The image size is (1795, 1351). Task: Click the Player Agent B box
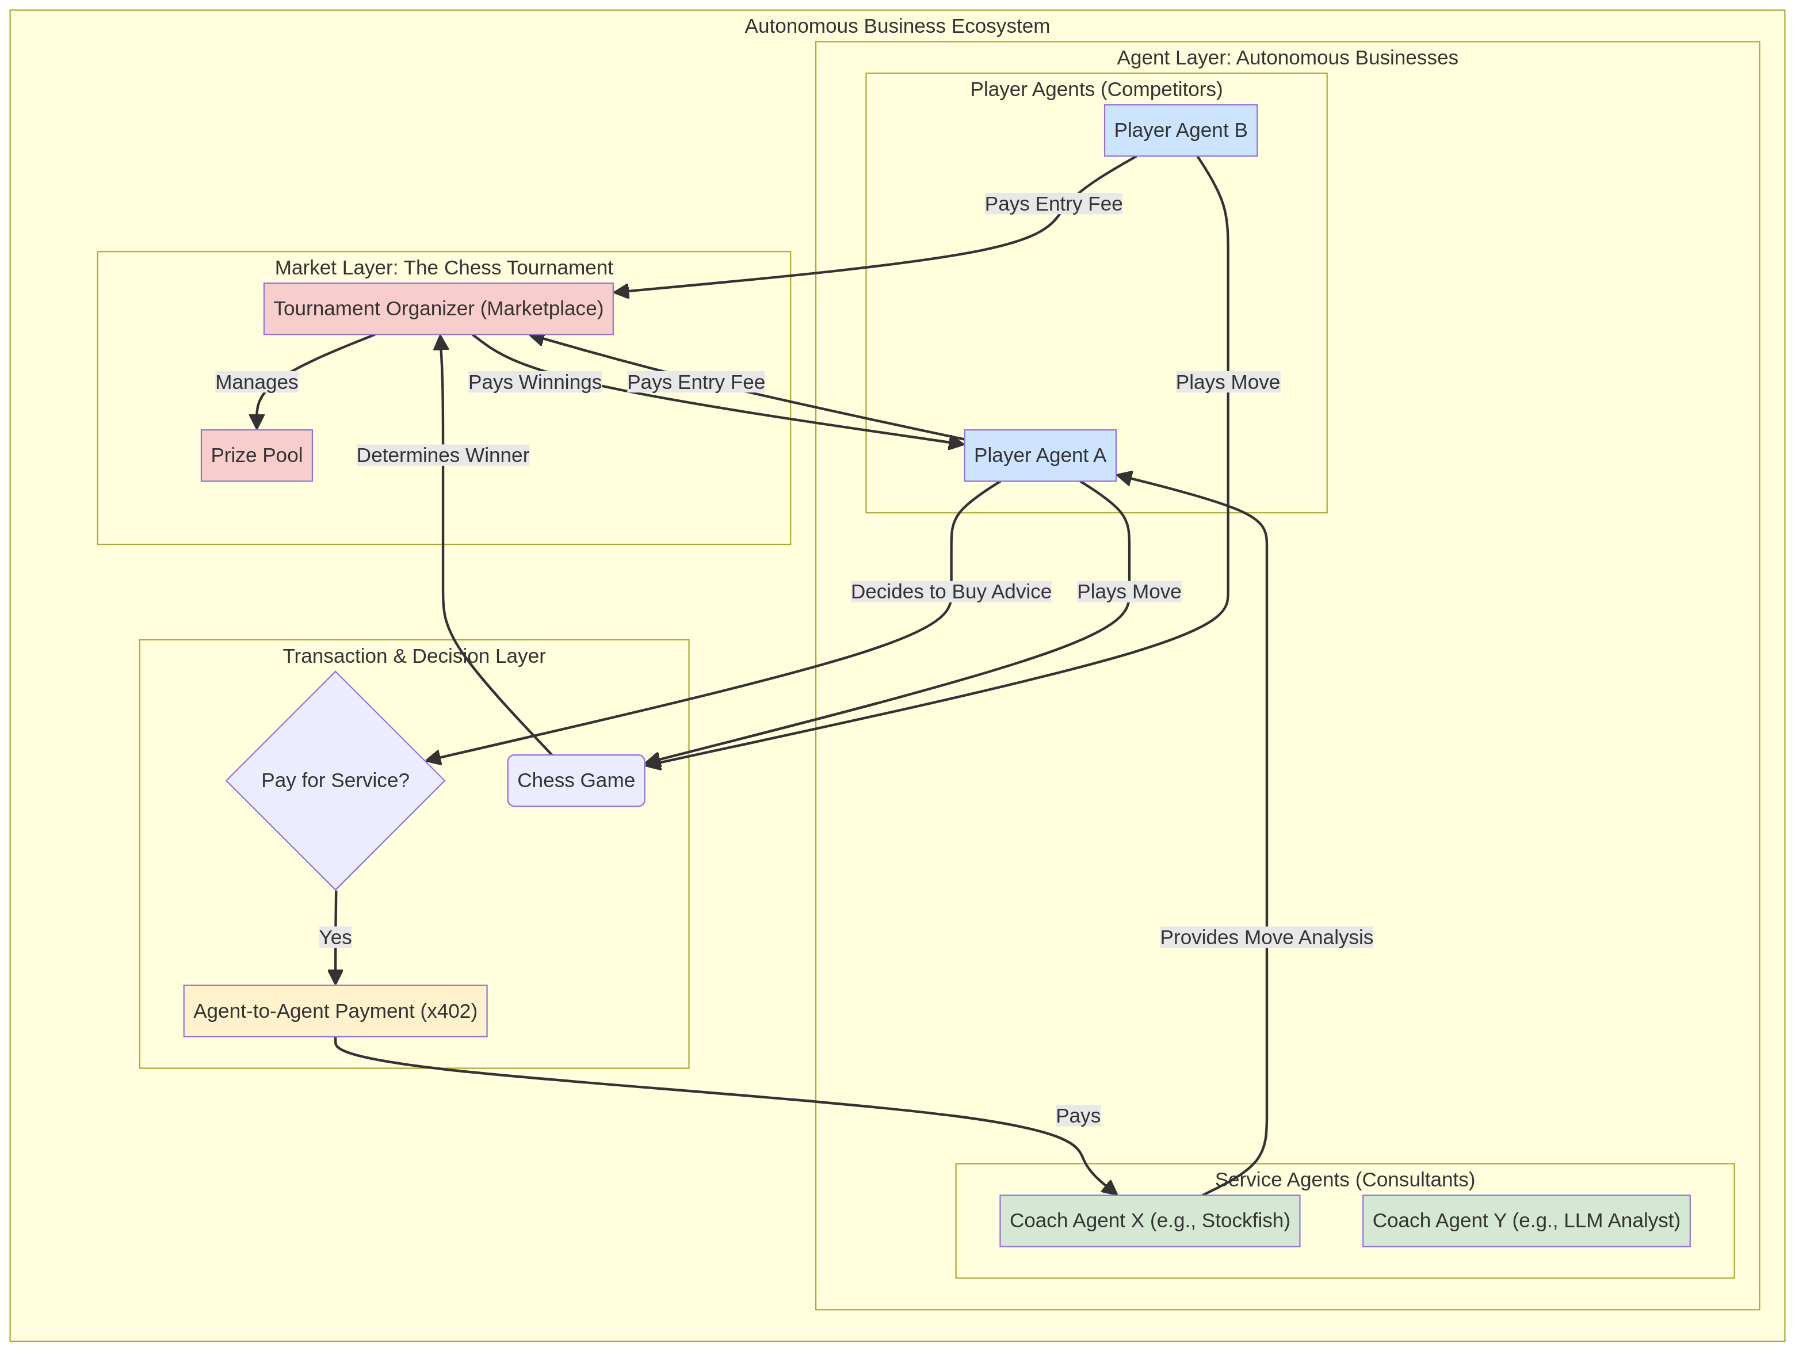(x=1180, y=131)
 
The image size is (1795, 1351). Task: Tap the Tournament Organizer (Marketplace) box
(x=438, y=308)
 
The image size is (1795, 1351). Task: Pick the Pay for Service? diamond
(x=335, y=781)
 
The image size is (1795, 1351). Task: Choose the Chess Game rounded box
(x=576, y=781)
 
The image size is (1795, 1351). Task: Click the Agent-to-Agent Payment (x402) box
(x=335, y=1011)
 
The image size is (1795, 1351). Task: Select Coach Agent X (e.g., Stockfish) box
(x=1149, y=1220)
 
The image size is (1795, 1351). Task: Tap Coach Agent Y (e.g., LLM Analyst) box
(x=1526, y=1220)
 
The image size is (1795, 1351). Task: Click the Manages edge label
(x=257, y=382)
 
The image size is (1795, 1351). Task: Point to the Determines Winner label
(x=442, y=455)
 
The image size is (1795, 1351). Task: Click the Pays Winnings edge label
(x=535, y=382)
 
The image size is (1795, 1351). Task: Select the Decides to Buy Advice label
(x=950, y=591)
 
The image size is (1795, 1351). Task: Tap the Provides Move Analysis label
(x=1266, y=937)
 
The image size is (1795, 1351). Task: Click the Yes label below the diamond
(x=335, y=937)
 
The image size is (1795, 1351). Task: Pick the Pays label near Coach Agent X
(x=1078, y=1116)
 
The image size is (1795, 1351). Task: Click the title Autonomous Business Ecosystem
(x=897, y=26)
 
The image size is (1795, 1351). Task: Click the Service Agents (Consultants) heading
(x=1345, y=1179)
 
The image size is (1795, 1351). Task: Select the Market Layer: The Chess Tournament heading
(x=444, y=268)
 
